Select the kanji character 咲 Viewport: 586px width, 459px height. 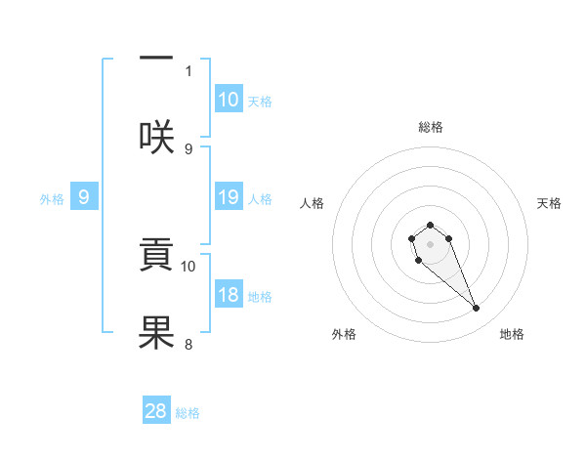[x=156, y=137]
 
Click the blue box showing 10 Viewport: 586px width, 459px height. [x=229, y=100]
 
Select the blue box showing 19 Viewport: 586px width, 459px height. [x=229, y=197]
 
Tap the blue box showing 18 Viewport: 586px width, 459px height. [x=229, y=295]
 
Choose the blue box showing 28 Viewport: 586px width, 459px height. [x=156, y=411]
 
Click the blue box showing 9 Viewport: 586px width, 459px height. [x=84, y=197]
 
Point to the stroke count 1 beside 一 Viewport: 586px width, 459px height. [x=188, y=70]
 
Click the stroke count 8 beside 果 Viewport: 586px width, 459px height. [x=188, y=344]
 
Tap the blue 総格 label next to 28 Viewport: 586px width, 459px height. [x=188, y=413]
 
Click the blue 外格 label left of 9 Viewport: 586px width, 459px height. [x=52, y=198]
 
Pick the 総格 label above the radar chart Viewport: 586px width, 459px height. [x=430, y=127]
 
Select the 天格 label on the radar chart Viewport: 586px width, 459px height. [x=549, y=203]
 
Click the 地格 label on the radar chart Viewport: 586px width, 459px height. [x=512, y=334]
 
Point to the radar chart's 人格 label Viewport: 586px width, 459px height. [x=313, y=203]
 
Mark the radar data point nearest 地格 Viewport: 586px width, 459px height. [x=477, y=309]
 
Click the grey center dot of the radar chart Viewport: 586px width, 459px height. [x=430, y=243]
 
